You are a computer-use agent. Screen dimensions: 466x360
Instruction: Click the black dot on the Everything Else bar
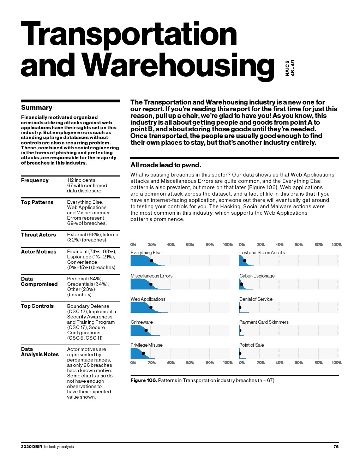(151, 261)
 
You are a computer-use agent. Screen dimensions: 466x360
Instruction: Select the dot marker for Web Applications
(151, 307)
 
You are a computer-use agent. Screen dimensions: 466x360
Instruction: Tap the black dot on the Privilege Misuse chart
(143, 353)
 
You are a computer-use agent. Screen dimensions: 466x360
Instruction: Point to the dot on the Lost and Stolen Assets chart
(245, 261)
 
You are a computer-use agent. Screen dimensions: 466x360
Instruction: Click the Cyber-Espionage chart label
(257, 276)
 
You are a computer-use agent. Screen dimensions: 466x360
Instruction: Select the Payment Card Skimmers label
(264, 322)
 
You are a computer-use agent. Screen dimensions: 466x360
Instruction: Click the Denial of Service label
(256, 299)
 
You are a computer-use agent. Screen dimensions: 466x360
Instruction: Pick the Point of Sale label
(251, 345)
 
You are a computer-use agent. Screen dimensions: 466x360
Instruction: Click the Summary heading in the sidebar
(36, 108)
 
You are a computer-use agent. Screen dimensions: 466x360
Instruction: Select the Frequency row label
(35, 180)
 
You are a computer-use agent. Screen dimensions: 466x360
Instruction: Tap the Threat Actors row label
(38, 235)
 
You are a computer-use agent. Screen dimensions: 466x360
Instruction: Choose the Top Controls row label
(37, 306)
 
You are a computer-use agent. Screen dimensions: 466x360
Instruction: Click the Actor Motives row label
(38, 252)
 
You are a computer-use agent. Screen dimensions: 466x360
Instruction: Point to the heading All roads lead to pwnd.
(166, 165)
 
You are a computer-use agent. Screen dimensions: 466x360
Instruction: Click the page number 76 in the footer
(336, 447)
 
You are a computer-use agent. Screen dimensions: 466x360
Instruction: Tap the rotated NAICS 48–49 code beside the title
(290, 68)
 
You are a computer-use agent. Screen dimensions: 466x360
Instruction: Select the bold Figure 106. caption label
(144, 380)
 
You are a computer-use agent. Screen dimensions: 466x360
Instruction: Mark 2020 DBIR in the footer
(31, 447)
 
